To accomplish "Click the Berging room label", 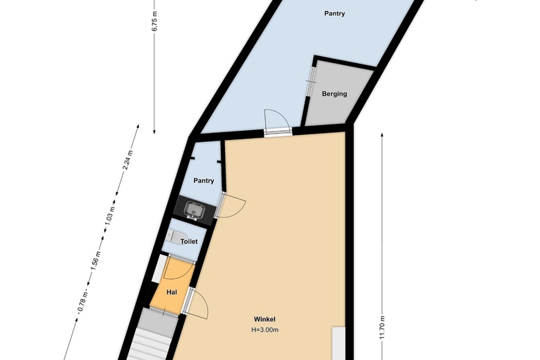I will pyautogui.click(x=334, y=94).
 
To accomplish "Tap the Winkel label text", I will pyautogui.click(x=264, y=319).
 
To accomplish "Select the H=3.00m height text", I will pyautogui.click(x=264, y=330).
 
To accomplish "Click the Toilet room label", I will pyautogui.click(x=189, y=242).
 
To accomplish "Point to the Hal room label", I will pyautogui.click(x=172, y=292).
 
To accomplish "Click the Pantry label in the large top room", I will pyautogui.click(x=334, y=14).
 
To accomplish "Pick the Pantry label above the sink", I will pyautogui.click(x=204, y=181).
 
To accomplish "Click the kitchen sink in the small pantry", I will pyautogui.click(x=192, y=208).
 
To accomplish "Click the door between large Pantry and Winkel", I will pyautogui.click(x=277, y=122).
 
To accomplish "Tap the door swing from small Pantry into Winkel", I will pyautogui.click(x=233, y=206).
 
